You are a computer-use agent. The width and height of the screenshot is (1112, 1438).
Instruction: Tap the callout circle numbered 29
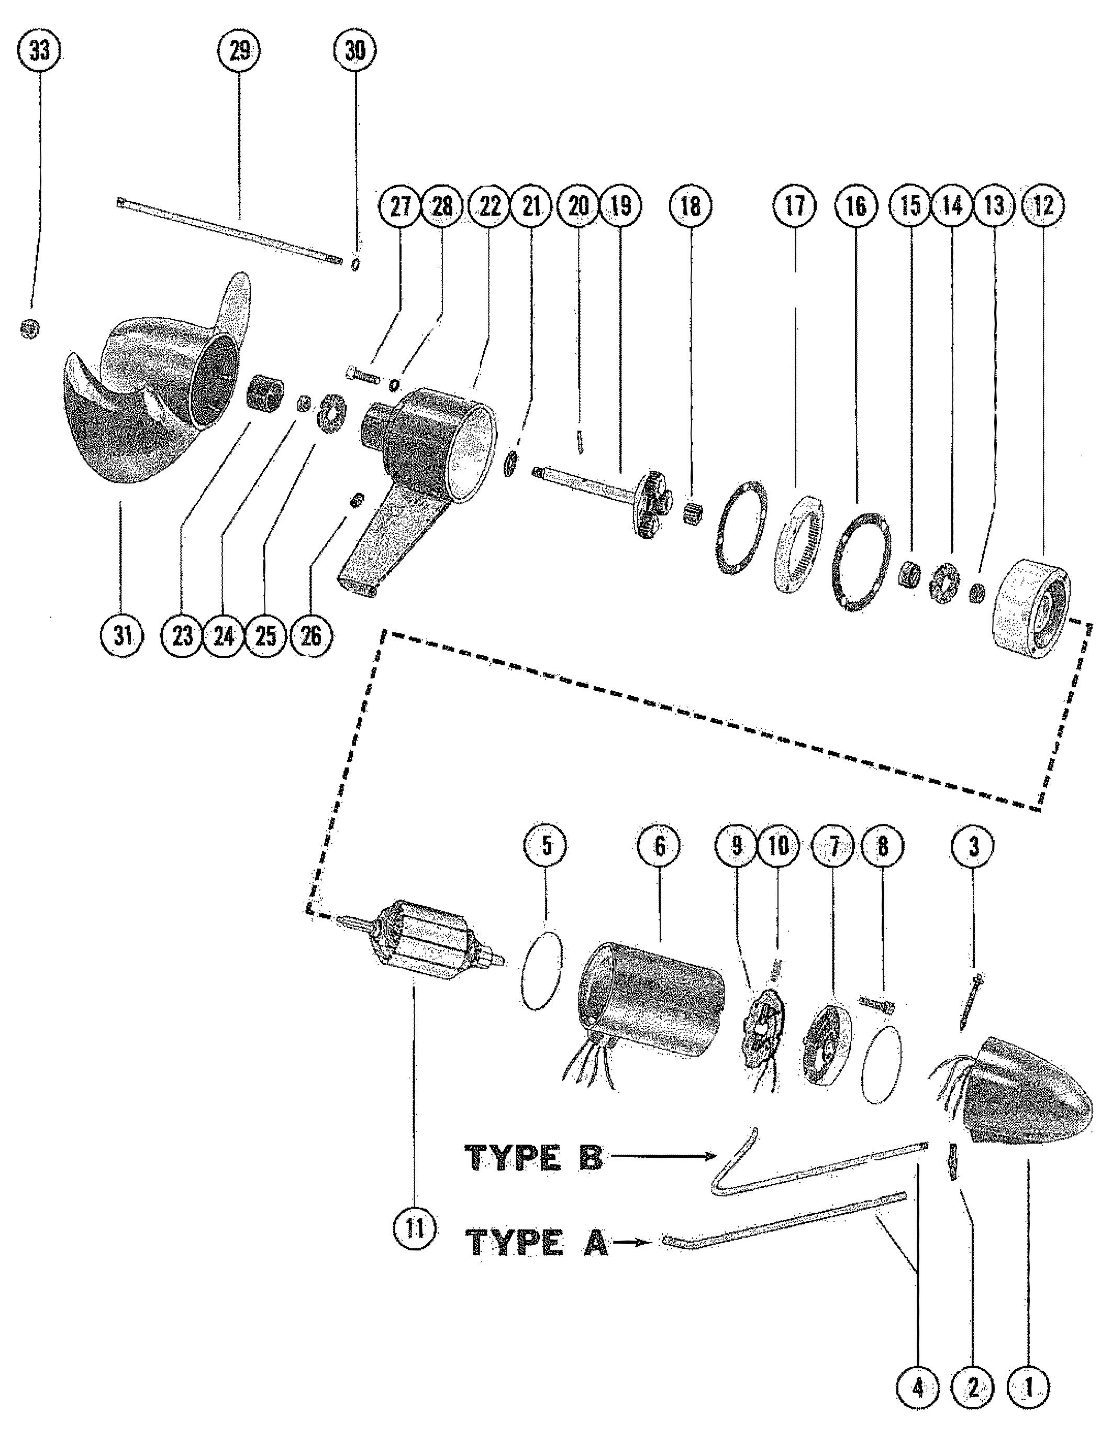[239, 51]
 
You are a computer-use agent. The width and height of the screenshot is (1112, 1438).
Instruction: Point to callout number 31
[123, 636]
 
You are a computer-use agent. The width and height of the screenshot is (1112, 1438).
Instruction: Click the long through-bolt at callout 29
[230, 230]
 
